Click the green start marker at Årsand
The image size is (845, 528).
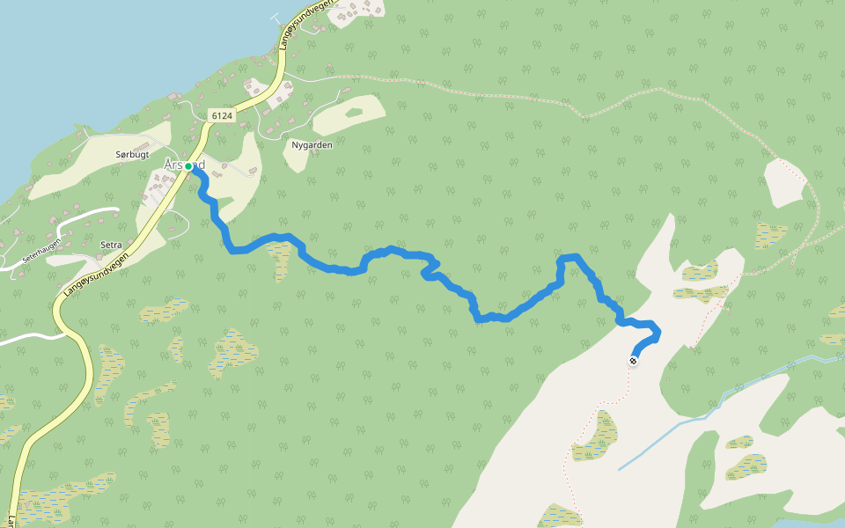coord(188,165)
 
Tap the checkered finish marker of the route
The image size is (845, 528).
coord(633,360)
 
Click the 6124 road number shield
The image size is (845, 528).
coord(221,115)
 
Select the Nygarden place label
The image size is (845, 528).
coord(312,144)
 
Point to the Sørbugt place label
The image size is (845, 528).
coord(132,154)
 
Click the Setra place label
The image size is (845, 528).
coord(111,245)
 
